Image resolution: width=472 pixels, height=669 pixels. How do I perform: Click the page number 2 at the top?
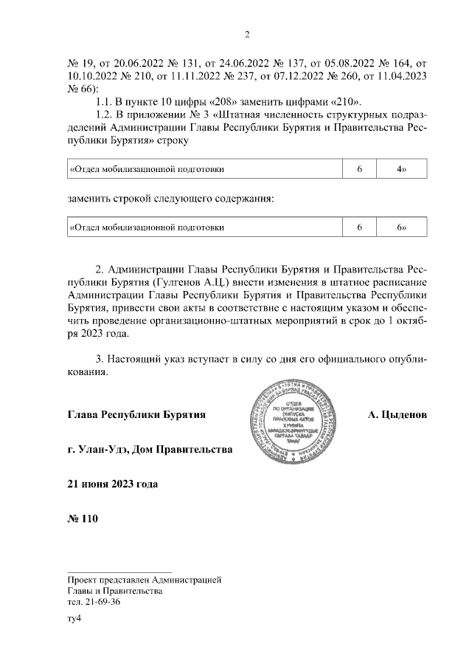[248, 34]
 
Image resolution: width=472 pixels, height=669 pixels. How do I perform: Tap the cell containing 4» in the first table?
[401, 169]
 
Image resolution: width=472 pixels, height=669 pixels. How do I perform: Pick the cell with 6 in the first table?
[359, 169]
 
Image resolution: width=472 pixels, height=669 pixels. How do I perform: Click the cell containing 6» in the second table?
[401, 227]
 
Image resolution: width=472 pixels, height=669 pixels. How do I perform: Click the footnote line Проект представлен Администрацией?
[144, 580]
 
